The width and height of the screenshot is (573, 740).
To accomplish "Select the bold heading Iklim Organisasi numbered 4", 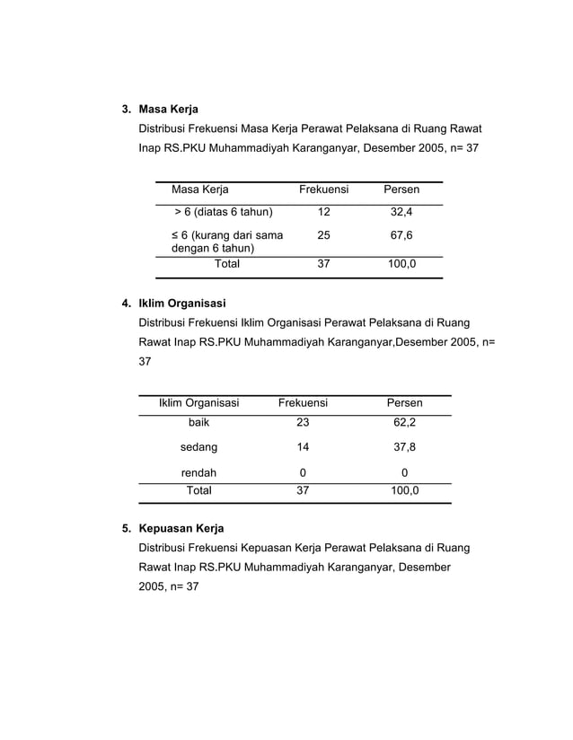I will pyautogui.click(x=181, y=303).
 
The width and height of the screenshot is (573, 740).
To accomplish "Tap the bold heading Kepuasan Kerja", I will pyautogui.click(x=181, y=528).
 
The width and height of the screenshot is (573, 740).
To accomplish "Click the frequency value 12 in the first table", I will pyautogui.click(x=322, y=212).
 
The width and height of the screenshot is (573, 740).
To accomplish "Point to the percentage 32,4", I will pyautogui.click(x=401, y=212).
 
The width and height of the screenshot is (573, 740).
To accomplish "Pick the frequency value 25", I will pyautogui.click(x=322, y=235).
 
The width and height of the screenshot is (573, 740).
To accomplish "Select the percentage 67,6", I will pyautogui.click(x=401, y=235).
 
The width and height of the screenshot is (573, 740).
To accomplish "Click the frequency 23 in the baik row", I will pyautogui.click(x=303, y=422).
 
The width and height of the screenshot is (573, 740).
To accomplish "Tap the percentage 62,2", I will pyautogui.click(x=404, y=422).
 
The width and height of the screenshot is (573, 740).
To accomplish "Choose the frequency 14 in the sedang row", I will pyautogui.click(x=303, y=446).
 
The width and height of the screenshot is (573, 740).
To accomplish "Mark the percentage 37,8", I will pyautogui.click(x=404, y=446).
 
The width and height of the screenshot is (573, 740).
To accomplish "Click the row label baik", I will pyautogui.click(x=198, y=422).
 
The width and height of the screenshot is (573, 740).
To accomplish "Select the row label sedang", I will pyautogui.click(x=198, y=446).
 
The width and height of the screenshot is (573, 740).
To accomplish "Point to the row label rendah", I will pyautogui.click(x=198, y=472).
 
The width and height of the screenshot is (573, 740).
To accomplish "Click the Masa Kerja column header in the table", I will pyautogui.click(x=200, y=189).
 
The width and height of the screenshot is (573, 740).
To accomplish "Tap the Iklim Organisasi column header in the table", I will pyautogui.click(x=198, y=403).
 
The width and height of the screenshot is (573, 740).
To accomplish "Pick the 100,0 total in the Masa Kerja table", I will pyautogui.click(x=401, y=264).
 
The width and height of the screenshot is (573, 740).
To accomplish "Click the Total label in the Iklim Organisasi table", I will pyautogui.click(x=198, y=491).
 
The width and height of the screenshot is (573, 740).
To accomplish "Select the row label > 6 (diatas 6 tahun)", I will pyautogui.click(x=223, y=212).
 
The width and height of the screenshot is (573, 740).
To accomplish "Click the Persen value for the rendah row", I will pyautogui.click(x=404, y=472).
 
